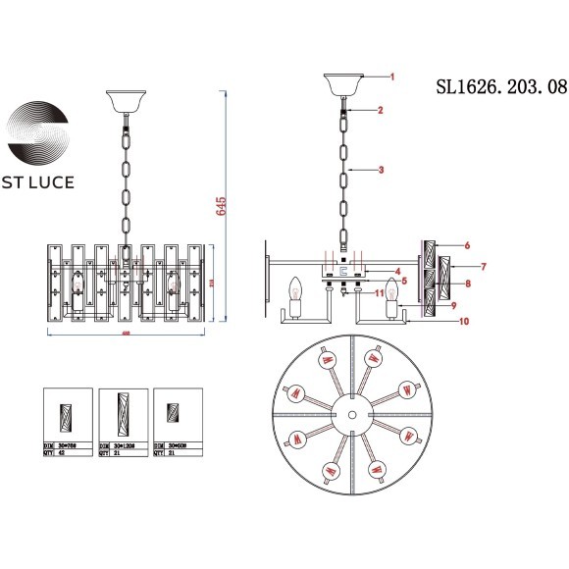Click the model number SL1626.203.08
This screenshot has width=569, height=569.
click(500, 86)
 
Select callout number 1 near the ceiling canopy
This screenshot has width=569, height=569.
click(390, 77)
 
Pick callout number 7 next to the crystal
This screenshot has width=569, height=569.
click(482, 267)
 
